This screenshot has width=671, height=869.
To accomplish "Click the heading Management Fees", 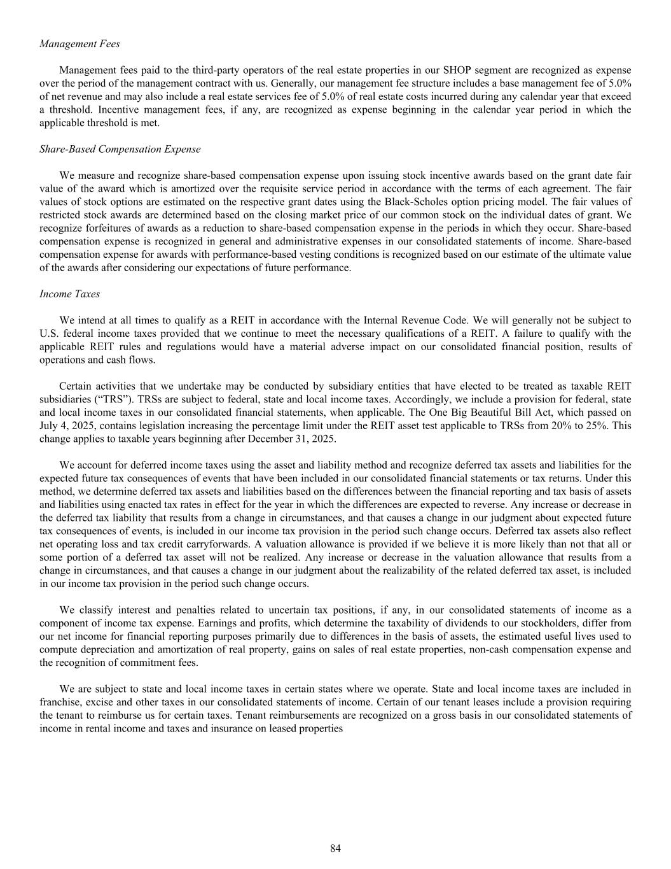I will pyautogui.click(x=80, y=44).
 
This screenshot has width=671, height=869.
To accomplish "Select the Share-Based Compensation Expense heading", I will pyautogui.click(x=120, y=149).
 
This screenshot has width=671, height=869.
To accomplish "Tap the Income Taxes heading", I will pyautogui.click(x=69, y=294).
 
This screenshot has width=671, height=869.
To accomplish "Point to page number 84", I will pyautogui.click(x=335, y=848).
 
